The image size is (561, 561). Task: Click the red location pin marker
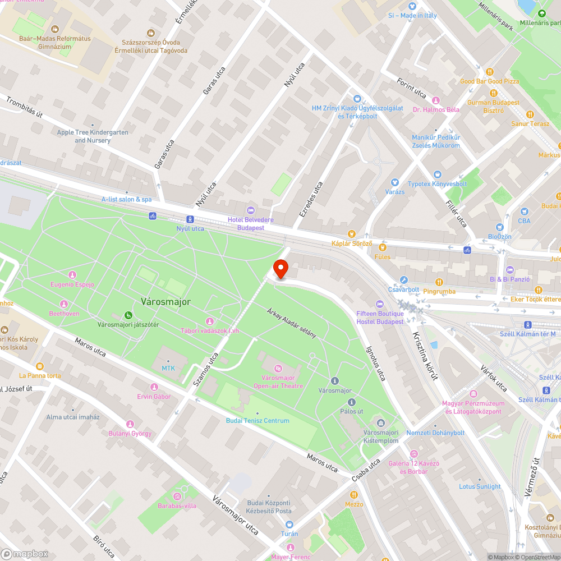tap(280, 269)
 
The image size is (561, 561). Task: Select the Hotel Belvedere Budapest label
tap(250, 224)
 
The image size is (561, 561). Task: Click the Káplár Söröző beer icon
tap(352, 233)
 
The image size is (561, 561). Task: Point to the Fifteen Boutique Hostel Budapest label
tap(380, 318)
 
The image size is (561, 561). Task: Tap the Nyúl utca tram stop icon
tap(190, 219)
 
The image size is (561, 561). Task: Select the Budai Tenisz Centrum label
tap(257, 421)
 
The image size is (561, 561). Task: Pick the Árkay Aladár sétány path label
tap(292, 322)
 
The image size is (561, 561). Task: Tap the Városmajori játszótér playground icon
tap(128, 315)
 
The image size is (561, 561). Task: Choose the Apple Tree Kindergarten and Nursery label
tap(93, 136)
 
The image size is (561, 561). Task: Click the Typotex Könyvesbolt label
tap(438, 184)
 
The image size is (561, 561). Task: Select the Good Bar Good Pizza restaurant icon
tap(490, 72)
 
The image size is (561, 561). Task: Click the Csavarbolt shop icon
tap(403, 280)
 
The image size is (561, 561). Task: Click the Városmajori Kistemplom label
tap(381, 436)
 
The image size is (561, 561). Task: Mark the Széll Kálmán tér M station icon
tap(528, 325)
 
